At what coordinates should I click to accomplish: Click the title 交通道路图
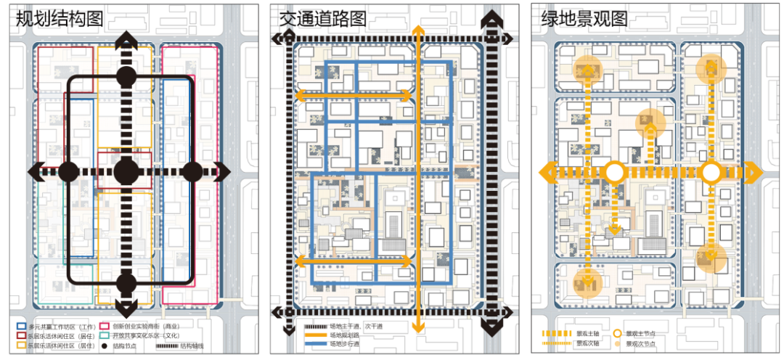point(322,19)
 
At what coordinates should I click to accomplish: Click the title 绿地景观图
point(584,19)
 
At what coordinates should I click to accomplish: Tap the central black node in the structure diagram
point(126,172)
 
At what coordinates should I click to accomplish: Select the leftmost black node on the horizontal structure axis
point(68,172)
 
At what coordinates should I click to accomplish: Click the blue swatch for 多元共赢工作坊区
point(21,327)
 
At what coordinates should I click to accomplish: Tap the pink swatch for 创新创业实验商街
point(105,327)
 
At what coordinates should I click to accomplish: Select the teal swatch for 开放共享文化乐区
point(105,336)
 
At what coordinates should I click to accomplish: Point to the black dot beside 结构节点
point(105,346)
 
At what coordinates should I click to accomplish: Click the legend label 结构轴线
point(192,346)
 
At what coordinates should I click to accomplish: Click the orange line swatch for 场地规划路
point(316,336)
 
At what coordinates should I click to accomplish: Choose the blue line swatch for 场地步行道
point(316,344)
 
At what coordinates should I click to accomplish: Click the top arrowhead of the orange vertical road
point(417,30)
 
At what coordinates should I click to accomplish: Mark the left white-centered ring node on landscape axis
point(615,172)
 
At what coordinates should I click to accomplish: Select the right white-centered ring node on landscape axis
point(711,172)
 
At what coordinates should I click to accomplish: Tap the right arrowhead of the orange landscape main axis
point(756,172)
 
